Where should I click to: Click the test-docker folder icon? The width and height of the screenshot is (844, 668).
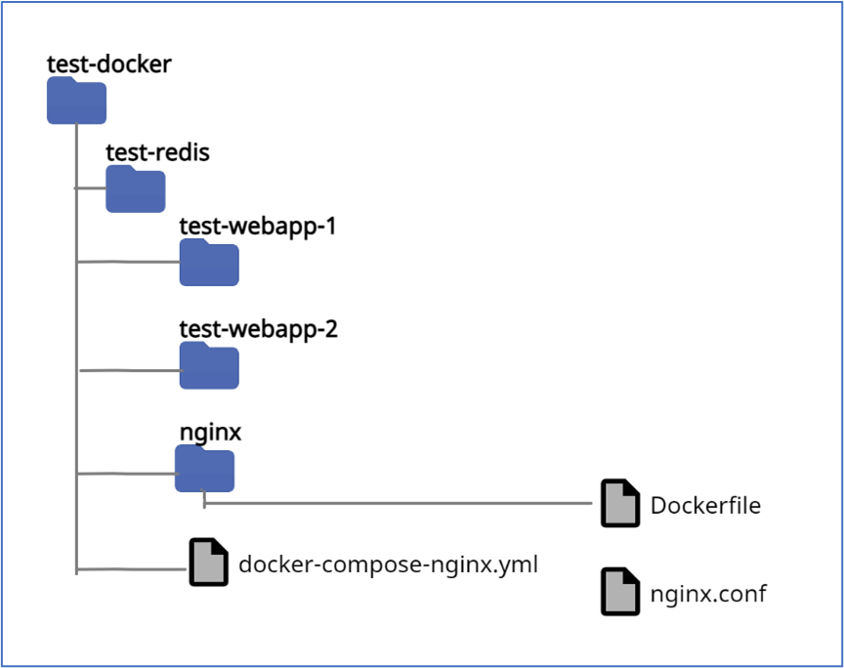click(x=76, y=102)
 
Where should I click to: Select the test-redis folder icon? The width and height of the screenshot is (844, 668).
click(x=135, y=189)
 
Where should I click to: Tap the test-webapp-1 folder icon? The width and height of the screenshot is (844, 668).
click(x=208, y=263)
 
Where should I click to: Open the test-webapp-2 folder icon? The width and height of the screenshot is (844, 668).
click(x=208, y=366)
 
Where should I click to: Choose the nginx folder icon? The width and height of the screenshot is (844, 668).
click(x=204, y=470)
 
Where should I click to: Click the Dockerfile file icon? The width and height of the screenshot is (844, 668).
click(x=619, y=504)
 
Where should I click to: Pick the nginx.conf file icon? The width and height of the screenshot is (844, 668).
click(x=619, y=592)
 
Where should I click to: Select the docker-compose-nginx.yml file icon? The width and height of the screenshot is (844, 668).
click(x=208, y=562)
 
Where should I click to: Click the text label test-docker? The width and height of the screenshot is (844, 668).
click(x=109, y=65)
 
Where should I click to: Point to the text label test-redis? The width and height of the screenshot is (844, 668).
click(x=157, y=152)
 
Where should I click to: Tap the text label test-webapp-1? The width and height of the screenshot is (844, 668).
click(x=257, y=227)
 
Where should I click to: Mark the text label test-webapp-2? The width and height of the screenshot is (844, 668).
click(x=258, y=329)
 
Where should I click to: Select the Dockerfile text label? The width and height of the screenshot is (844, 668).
click(x=704, y=505)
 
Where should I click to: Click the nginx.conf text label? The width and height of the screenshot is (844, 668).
click(x=708, y=593)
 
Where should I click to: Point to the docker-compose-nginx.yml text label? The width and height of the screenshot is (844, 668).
click(x=388, y=564)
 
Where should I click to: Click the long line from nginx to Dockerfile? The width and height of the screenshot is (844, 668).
click(x=401, y=504)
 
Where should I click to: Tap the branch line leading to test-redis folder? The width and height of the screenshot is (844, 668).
click(x=91, y=188)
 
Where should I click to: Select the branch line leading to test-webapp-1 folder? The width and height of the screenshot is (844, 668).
click(x=127, y=262)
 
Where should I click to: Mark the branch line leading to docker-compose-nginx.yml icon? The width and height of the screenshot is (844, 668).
click(x=132, y=568)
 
